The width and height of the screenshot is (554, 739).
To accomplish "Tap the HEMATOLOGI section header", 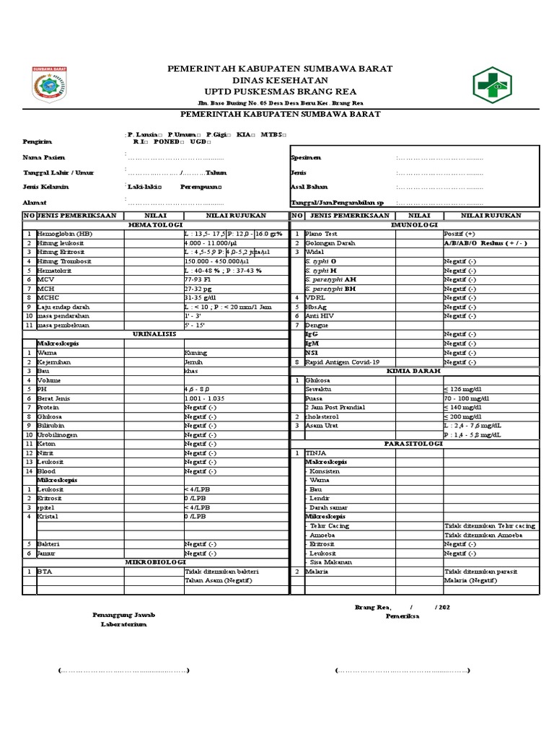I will point(156,225).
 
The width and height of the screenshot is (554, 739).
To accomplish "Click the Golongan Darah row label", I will point(331,243).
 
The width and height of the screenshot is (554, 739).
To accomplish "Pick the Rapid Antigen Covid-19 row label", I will point(342,362).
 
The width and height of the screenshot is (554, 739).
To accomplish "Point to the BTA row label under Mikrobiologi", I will point(45,571).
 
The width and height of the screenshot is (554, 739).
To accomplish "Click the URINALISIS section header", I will point(156,334).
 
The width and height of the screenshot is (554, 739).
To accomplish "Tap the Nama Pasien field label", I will point(44,157).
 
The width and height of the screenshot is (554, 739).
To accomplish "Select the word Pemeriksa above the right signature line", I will point(405,618).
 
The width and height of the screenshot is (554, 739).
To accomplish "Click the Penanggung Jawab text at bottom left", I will point(123,614).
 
